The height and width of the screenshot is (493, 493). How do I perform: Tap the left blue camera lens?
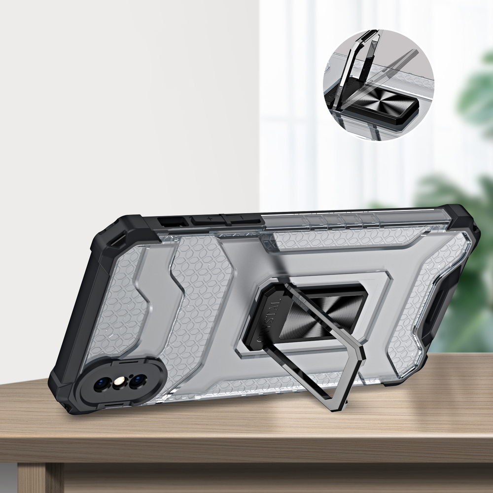tap(103, 383)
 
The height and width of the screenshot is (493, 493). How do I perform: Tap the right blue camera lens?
tap(138, 380)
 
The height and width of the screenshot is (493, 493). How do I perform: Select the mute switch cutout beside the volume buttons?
tap(174, 221)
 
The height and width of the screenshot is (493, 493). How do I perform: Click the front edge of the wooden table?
tap(246, 446)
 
